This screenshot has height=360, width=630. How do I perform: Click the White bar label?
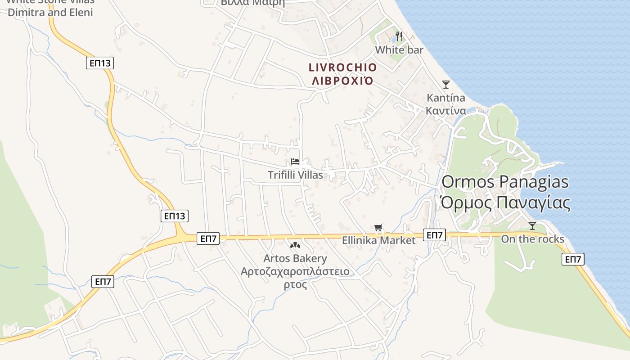pyautogui.click(x=399, y=49)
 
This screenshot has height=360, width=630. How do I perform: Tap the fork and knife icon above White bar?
pyautogui.click(x=399, y=36)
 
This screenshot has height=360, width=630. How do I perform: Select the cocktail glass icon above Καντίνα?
pyautogui.click(x=446, y=84)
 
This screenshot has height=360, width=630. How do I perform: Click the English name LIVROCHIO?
pyautogui.click(x=342, y=67)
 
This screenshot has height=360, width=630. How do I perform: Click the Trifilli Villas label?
pyautogui.click(x=295, y=175)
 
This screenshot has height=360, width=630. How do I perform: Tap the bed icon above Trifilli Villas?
pyautogui.click(x=295, y=162)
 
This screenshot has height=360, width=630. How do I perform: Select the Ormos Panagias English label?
pyautogui.click(x=505, y=182)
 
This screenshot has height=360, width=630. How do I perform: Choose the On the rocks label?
pyautogui.click(x=532, y=239)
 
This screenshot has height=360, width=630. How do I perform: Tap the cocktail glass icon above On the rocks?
pyautogui.click(x=532, y=226)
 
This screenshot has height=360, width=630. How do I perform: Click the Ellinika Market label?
pyautogui.click(x=378, y=240)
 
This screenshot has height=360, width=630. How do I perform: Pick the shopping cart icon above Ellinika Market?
pyautogui.click(x=378, y=228)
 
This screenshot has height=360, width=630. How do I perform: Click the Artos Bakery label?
pyautogui.click(x=295, y=258)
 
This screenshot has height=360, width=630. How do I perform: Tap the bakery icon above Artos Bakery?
pyautogui.click(x=295, y=246)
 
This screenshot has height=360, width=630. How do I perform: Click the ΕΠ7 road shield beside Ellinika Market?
pyautogui.click(x=435, y=235)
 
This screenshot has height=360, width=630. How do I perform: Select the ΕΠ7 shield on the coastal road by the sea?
pyautogui.click(x=573, y=259)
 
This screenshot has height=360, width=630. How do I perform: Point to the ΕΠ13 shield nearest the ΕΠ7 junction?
pyautogui.click(x=174, y=216)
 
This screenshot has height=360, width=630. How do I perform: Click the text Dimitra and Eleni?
pyautogui.click(x=50, y=12)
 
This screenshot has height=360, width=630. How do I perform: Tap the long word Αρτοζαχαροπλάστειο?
pyautogui.click(x=295, y=271)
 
